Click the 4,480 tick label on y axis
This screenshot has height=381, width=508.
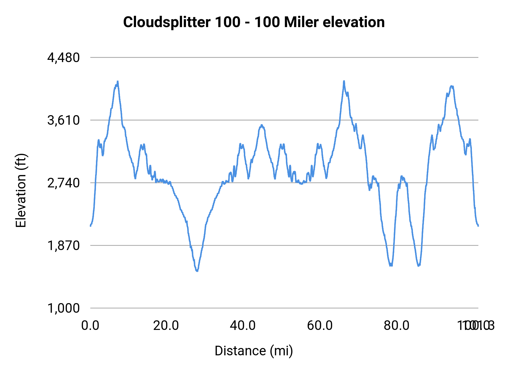63,58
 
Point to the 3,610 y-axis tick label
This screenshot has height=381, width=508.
63,120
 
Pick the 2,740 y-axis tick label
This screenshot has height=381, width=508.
63,183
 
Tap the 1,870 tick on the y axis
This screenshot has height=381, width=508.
63,246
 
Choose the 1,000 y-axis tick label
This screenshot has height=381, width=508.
63,308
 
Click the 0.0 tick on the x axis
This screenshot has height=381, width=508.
90,326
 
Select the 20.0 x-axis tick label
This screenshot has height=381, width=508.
166,326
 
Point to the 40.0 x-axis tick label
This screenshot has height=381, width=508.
243,326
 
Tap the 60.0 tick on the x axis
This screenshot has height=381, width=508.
320,326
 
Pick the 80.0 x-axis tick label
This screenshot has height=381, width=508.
397,326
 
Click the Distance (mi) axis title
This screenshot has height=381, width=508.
254,351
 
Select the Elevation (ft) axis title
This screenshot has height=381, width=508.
21,190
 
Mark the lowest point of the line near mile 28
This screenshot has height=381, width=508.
197,271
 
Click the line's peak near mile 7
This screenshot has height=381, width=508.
118,82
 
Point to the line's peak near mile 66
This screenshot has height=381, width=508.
344,81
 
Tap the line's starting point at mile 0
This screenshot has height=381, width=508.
90,226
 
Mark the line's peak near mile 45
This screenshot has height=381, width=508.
262,125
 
